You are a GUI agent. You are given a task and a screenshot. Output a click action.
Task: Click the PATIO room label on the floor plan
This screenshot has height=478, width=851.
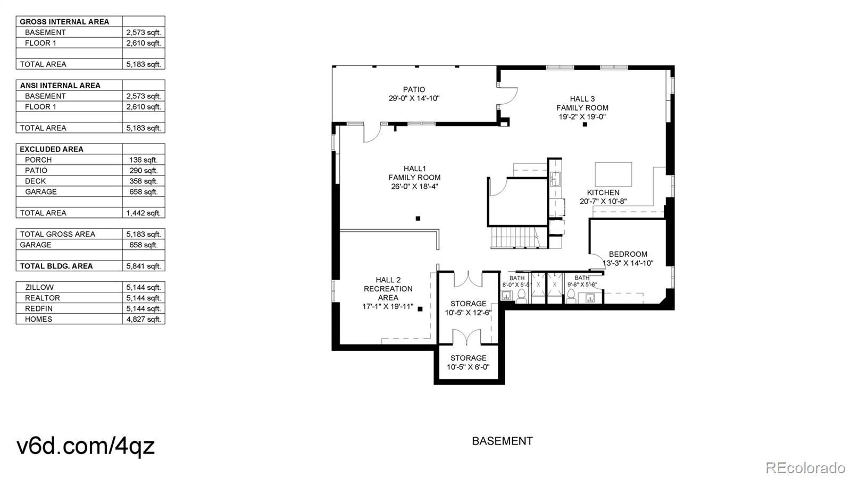[414, 90]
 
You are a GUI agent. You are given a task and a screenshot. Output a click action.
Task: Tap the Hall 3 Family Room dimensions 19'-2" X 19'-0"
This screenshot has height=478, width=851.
[582, 117]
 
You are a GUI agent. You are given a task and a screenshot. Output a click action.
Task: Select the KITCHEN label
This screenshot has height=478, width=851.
[603, 192]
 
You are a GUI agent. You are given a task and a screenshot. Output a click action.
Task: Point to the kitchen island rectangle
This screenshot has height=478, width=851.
[613, 174]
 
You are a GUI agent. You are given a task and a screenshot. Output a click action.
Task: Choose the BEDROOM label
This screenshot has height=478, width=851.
[628, 254]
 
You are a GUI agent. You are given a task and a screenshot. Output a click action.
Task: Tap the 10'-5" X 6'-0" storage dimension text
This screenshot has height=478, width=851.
[468, 367]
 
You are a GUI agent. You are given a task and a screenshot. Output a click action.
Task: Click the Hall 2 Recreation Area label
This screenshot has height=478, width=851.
[388, 289]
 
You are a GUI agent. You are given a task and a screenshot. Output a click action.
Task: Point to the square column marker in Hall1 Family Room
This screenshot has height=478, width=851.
[418, 219]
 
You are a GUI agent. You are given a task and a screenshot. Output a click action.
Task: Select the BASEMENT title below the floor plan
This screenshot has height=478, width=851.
[502, 441]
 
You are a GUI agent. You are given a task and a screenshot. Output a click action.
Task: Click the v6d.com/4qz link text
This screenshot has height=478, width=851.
[86, 446]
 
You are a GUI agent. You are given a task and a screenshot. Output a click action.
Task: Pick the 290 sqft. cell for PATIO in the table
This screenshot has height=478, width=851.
[143, 171]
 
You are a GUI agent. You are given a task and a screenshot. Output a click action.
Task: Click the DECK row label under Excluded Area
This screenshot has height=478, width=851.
[35, 181]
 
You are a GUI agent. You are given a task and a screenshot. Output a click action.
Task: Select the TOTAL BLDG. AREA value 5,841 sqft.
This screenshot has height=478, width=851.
[144, 266]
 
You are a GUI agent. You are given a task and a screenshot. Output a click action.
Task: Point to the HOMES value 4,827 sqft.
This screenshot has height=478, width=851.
[144, 320]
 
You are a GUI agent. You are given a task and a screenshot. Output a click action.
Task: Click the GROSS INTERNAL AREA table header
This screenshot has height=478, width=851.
[64, 22]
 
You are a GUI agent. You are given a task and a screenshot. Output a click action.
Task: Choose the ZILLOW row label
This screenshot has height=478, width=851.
[39, 288]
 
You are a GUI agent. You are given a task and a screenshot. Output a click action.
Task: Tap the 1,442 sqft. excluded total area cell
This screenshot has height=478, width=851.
[144, 213]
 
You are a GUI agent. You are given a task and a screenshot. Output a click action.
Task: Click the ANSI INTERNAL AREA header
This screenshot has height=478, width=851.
[60, 86]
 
